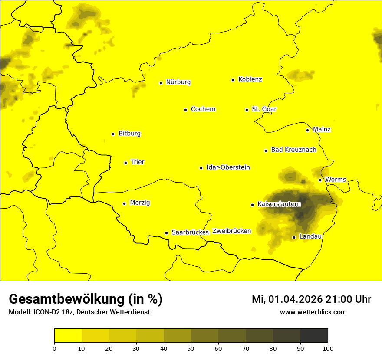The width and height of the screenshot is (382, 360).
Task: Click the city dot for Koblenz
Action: [233, 80]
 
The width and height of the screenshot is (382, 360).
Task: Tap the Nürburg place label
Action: [178, 82]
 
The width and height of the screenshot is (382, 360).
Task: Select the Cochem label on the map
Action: [203, 109]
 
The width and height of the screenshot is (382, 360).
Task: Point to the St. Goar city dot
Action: [247, 110]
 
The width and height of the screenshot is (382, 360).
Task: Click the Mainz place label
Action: [322, 129]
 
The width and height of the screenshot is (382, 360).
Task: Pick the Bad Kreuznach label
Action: [293, 150]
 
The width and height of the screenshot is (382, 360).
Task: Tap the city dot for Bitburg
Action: [113, 134]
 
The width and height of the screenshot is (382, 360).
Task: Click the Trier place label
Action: [138, 162]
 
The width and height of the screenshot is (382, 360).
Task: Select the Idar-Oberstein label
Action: [228, 167]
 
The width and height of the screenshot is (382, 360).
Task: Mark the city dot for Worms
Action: [320, 180]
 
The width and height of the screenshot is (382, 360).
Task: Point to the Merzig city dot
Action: [124, 203]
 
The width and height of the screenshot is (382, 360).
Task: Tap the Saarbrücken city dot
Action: [166, 233]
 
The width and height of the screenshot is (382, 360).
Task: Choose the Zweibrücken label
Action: [231, 231]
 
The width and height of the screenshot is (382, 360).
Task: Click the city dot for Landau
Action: [294, 237]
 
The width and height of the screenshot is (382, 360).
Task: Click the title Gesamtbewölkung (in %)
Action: [86, 299]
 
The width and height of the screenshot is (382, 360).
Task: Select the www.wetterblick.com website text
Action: [313, 312]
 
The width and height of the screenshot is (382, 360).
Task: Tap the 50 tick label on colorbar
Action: [191, 348]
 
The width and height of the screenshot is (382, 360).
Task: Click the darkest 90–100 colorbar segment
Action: [314, 335]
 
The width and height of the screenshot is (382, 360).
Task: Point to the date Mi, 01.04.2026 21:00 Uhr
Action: [311, 299]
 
